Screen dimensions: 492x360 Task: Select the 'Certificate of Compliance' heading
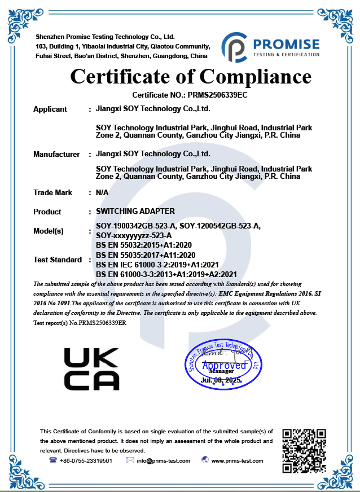point(191,76)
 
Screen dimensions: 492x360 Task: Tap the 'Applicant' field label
point(50,109)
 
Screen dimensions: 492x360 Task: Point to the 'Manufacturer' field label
point(56,154)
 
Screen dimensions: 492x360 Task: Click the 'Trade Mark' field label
point(53,192)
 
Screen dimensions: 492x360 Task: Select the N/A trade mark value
point(102,192)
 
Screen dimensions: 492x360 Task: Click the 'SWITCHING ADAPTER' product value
point(135,211)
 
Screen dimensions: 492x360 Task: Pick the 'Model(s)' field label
point(49,231)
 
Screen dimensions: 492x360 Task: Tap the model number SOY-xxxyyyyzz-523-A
point(134,235)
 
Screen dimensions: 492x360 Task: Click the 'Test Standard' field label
point(58,260)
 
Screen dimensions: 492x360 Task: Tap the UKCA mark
point(91,369)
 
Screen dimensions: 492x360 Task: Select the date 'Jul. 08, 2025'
point(221,381)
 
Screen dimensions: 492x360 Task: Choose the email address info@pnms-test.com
point(163,460)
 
